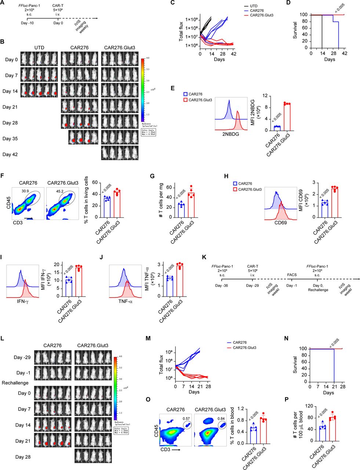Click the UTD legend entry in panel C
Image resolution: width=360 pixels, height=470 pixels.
click(254, 6)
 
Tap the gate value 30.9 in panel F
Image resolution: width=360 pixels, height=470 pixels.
click(25, 191)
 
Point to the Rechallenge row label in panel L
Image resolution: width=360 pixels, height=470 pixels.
click(15, 383)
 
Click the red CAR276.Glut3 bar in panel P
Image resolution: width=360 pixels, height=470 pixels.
click(332, 430)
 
